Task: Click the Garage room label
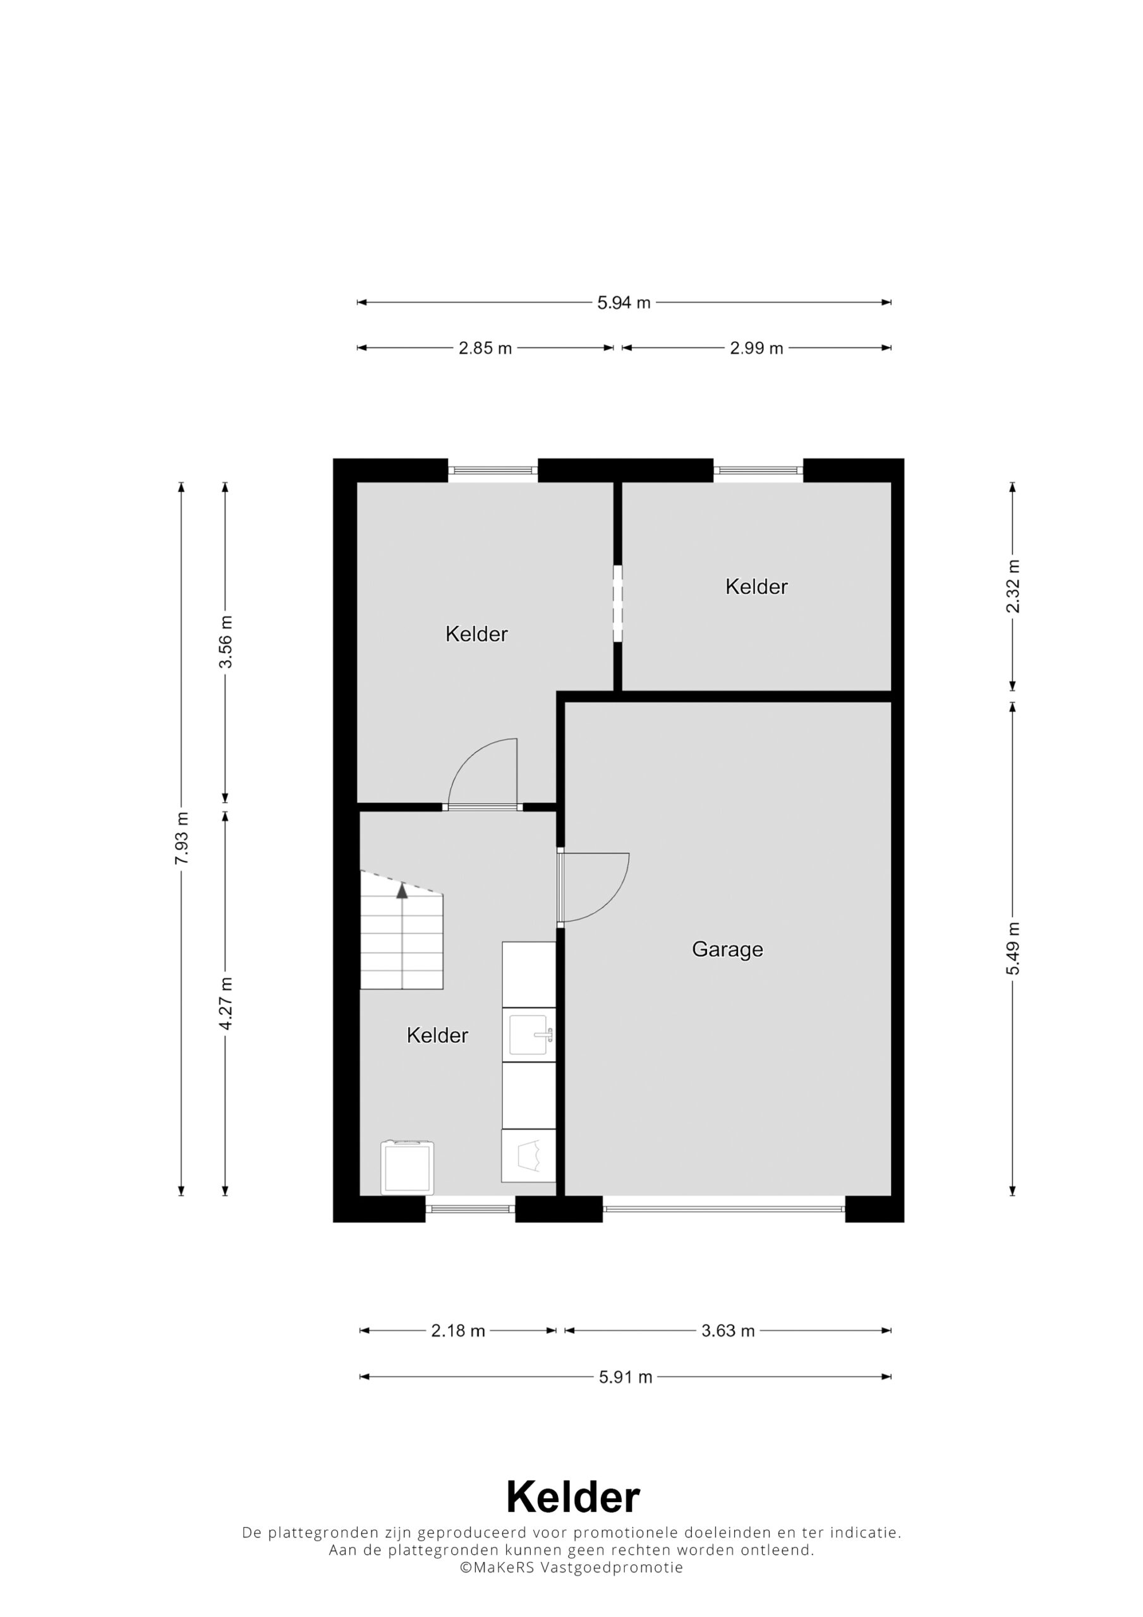click(x=727, y=949)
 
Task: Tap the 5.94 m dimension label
click(x=624, y=303)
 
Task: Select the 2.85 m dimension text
click(x=485, y=348)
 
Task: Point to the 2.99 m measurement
click(x=756, y=348)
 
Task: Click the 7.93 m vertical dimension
click(x=182, y=838)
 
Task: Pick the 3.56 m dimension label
click(x=226, y=642)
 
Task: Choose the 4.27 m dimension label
click(x=226, y=1004)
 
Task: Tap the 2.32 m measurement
click(x=1013, y=587)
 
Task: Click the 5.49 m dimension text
click(x=1013, y=949)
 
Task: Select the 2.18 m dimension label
click(x=458, y=1330)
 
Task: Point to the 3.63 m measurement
click(x=728, y=1330)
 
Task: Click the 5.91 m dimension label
click(x=626, y=1377)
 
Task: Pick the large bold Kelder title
click(x=573, y=1496)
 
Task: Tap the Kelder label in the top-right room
click(x=756, y=587)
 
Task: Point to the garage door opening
click(x=723, y=1208)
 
